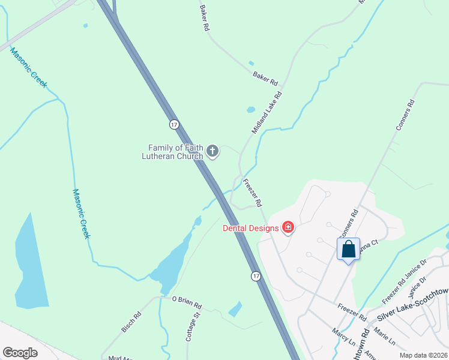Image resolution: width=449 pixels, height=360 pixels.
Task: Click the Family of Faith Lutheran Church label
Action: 176,152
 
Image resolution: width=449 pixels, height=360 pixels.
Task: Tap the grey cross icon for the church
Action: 212,152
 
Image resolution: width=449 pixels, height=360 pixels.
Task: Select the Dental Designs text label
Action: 251,228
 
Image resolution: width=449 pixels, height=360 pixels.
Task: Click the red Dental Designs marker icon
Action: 288,227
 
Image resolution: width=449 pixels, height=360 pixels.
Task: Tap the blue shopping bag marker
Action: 348,249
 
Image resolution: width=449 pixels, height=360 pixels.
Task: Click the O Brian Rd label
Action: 187,302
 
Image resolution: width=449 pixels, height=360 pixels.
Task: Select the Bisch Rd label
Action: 131,322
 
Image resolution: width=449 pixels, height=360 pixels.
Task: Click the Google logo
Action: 20,353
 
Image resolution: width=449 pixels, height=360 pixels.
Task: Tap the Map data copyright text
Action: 423,355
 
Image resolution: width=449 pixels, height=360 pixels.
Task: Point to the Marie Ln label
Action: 384,335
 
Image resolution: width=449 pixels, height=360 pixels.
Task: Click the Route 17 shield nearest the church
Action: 173,124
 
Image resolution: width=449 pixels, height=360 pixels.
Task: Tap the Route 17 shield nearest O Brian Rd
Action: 256,275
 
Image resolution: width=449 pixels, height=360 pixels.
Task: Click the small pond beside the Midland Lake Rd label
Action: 251,110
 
